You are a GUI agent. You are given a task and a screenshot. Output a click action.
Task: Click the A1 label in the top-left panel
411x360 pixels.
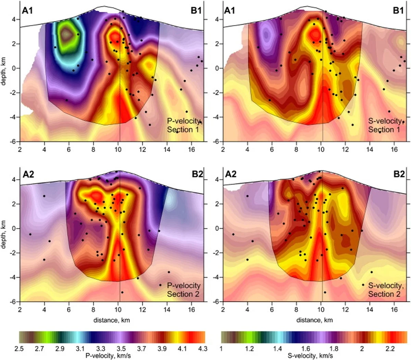(27, 11)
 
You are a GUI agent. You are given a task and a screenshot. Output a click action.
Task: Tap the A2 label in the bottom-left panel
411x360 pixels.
(27, 174)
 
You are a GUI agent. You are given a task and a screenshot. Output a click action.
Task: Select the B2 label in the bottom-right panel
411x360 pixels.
(398, 174)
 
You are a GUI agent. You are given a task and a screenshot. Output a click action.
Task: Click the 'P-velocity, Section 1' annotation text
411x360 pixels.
(184, 125)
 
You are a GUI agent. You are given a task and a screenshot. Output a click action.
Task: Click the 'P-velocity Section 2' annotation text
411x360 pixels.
(184, 290)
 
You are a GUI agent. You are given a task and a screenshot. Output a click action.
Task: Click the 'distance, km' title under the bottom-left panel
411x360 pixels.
(112, 320)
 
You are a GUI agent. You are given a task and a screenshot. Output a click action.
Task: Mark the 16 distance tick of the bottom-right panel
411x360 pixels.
(394, 309)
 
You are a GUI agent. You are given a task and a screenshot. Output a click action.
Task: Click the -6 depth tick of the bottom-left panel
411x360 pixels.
(14, 302)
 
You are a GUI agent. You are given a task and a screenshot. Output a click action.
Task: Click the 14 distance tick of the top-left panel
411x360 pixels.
(167, 149)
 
